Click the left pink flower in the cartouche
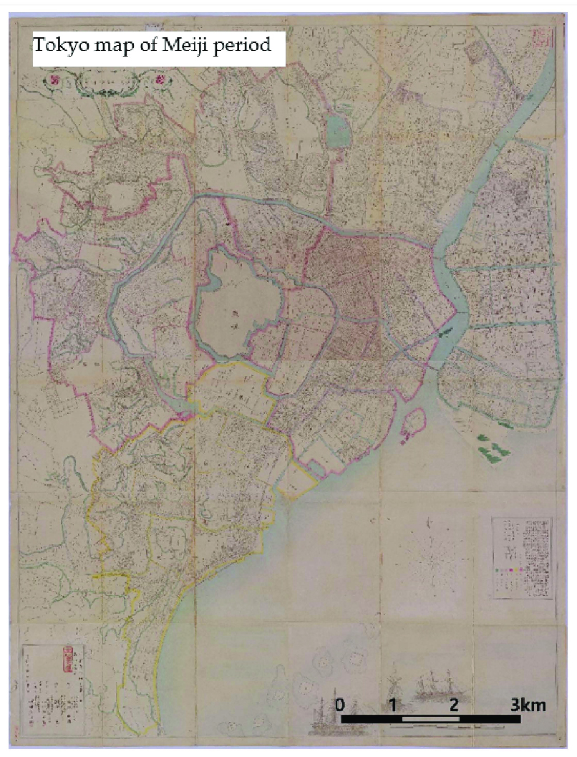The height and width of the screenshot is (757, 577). click(x=54, y=81)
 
